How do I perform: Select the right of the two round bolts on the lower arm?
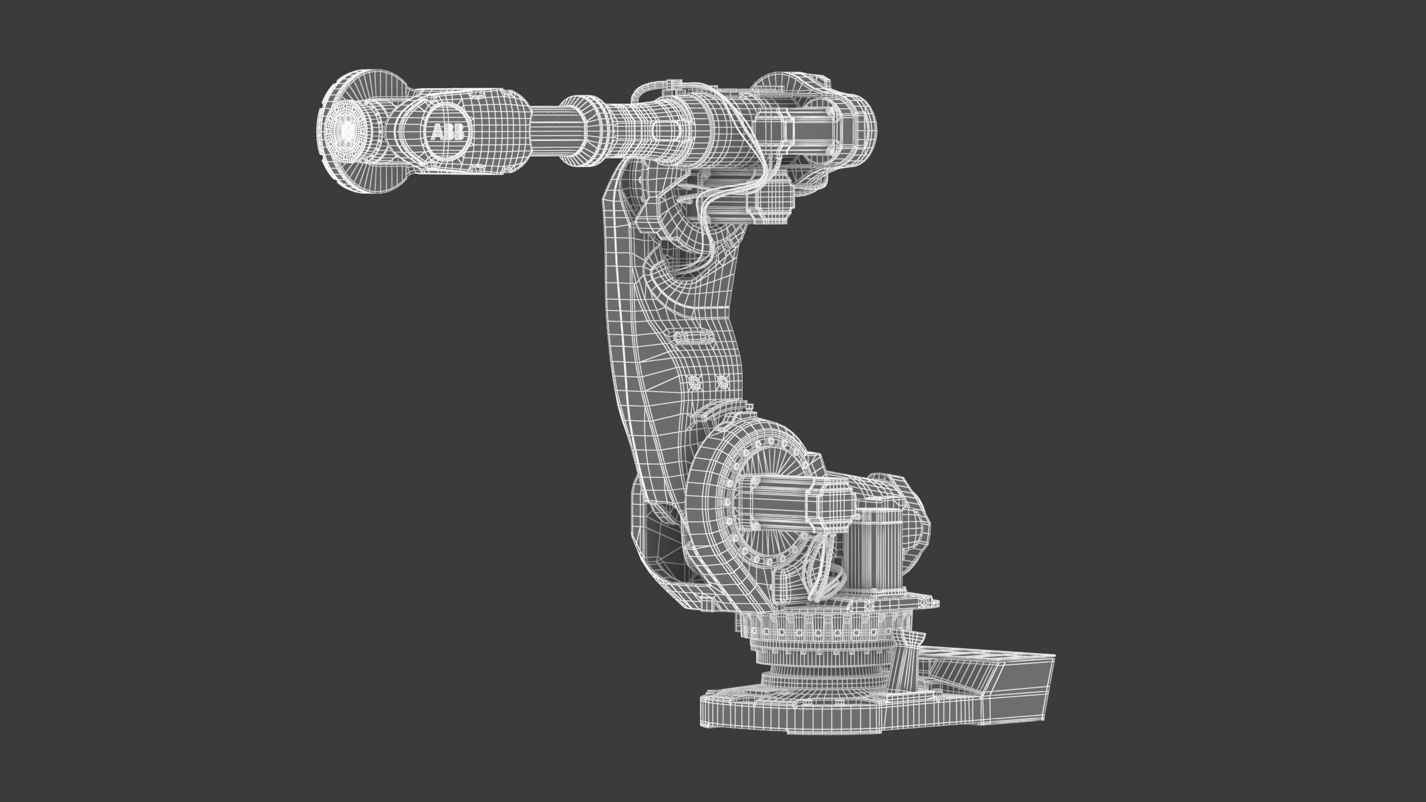pos(721,382)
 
